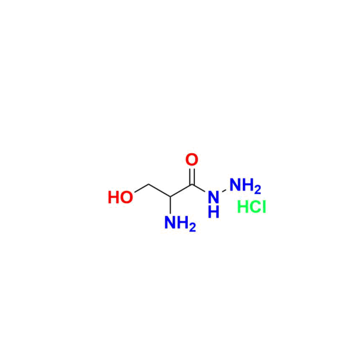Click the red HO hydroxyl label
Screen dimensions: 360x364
(x=121, y=198)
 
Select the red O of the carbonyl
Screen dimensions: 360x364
(x=192, y=160)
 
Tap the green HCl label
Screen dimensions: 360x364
(x=251, y=207)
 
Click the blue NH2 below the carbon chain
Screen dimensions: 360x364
(x=180, y=223)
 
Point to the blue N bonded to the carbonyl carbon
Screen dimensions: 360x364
(x=214, y=197)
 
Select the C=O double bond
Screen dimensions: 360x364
(x=192, y=177)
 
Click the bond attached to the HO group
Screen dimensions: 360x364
(x=142, y=188)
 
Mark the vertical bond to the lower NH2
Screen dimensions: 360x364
(x=170, y=205)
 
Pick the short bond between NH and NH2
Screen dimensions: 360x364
(x=224, y=191)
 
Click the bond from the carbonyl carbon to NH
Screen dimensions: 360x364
(x=199, y=188)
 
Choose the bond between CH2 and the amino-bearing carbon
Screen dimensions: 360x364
(x=160, y=190)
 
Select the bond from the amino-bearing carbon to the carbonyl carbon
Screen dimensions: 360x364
(x=181, y=190)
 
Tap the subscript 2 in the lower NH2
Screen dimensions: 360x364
(x=193, y=228)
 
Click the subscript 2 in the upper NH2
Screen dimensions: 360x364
(x=257, y=190)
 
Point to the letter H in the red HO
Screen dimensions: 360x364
(x=113, y=198)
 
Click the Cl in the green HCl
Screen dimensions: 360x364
(x=258, y=207)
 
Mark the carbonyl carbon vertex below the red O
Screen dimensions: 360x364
(x=192, y=185)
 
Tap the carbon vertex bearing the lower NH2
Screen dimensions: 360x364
(x=170, y=196)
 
